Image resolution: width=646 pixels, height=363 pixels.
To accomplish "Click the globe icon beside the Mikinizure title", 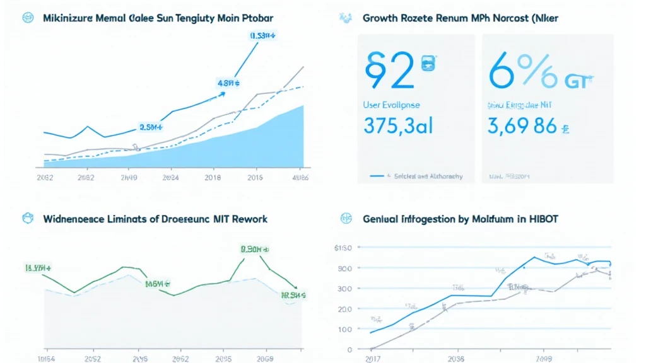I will [x=27, y=18].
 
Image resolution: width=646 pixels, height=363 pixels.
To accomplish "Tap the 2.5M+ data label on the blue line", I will [x=152, y=127].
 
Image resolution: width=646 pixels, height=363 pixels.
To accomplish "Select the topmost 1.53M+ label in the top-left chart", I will [x=262, y=36].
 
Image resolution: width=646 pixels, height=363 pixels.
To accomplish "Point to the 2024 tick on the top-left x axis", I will [x=170, y=178].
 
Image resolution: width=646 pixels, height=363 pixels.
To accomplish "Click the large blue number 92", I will [x=389, y=70].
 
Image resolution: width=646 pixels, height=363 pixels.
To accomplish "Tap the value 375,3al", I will [x=398, y=125].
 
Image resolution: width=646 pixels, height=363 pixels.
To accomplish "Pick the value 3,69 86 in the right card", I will [x=523, y=125].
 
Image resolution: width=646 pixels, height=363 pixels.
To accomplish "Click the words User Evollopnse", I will [x=391, y=105].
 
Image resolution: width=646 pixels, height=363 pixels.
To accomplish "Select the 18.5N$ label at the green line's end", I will [x=293, y=294].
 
